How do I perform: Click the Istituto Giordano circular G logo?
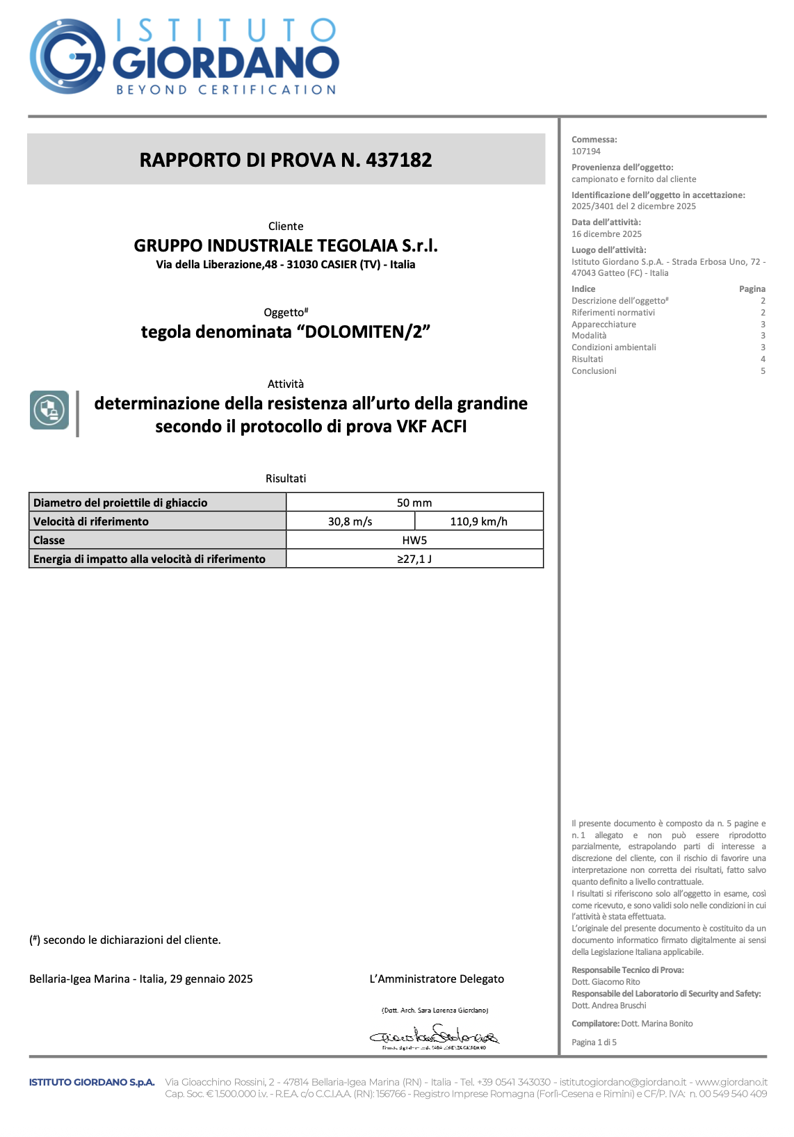coord(67,56)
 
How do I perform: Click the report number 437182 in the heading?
coord(398,160)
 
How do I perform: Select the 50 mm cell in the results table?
coord(414,502)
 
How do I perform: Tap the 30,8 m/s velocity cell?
coord(350,521)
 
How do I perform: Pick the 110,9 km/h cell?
coord(479,521)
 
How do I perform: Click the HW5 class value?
coord(414,540)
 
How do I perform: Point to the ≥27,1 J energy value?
coord(414,559)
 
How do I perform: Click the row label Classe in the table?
coord(49,540)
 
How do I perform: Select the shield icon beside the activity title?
coord(49,410)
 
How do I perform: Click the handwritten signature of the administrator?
coord(435,1036)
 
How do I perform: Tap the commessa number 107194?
coord(586,151)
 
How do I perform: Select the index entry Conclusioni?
coord(594,371)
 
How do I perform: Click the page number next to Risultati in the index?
coord(763,359)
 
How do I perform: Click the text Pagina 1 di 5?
coord(594,1042)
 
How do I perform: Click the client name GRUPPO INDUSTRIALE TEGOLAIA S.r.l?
coord(286,245)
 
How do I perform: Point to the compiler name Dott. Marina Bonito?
coord(656,1024)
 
